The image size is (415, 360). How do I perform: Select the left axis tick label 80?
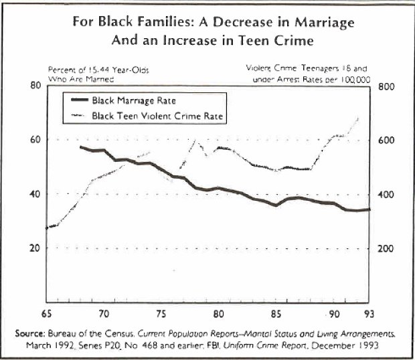[35, 86]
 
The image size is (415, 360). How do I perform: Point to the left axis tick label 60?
[35, 139]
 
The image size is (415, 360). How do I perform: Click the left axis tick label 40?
[35, 194]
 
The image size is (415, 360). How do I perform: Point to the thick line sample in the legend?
[88, 102]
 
